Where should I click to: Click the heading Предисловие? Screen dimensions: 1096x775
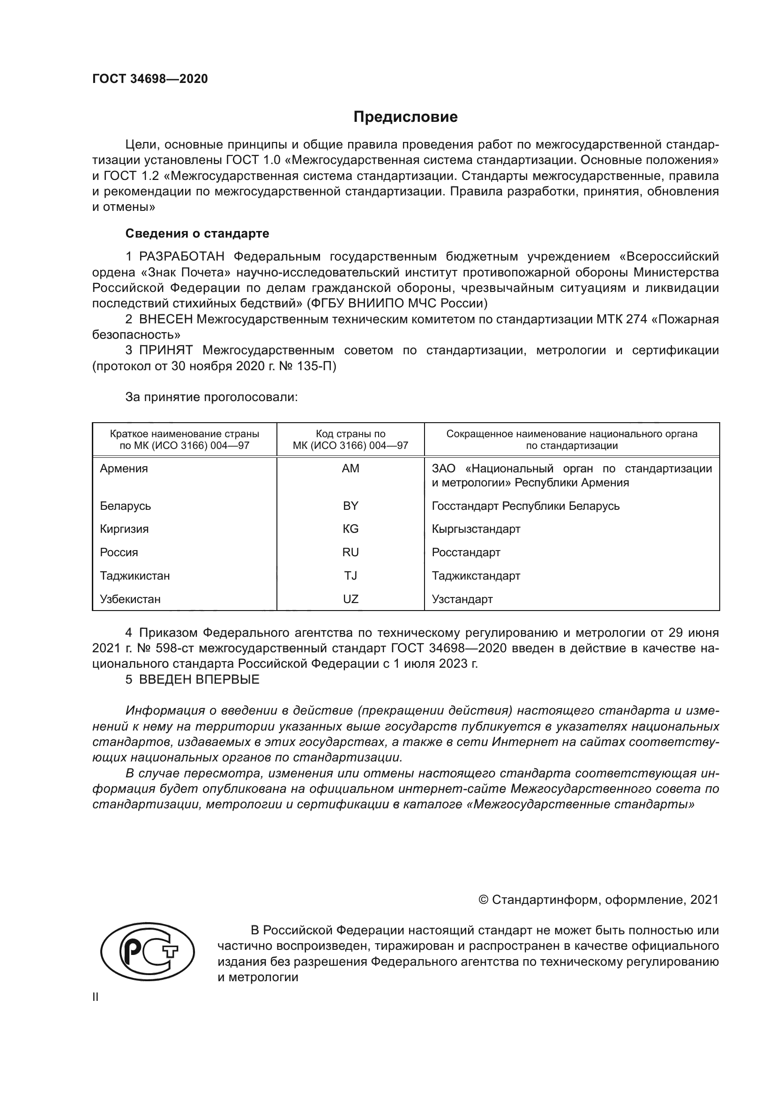[x=405, y=117]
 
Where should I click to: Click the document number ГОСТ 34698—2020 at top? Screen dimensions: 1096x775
[x=150, y=79]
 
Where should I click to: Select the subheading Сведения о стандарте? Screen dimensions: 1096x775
[x=197, y=233]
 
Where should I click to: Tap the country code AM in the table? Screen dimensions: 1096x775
[x=350, y=468]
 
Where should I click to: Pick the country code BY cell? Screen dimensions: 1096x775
[x=350, y=506]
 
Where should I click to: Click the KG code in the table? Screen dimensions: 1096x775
[x=350, y=529]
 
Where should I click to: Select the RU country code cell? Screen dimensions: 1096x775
[x=350, y=552]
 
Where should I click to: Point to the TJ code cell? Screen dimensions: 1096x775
[x=350, y=576]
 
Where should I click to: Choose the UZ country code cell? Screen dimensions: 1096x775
[x=350, y=599]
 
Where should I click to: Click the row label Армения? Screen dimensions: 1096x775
[x=124, y=468]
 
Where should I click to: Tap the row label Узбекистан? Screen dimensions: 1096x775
[x=130, y=599]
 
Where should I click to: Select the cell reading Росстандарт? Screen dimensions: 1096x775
[x=466, y=552]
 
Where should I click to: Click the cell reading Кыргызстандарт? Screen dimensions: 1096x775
[x=476, y=529]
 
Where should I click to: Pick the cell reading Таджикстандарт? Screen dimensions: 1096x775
[x=476, y=576]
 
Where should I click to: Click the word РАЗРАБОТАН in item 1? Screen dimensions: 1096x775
[x=181, y=257]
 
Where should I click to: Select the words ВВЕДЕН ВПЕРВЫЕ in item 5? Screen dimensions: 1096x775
[x=199, y=680]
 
